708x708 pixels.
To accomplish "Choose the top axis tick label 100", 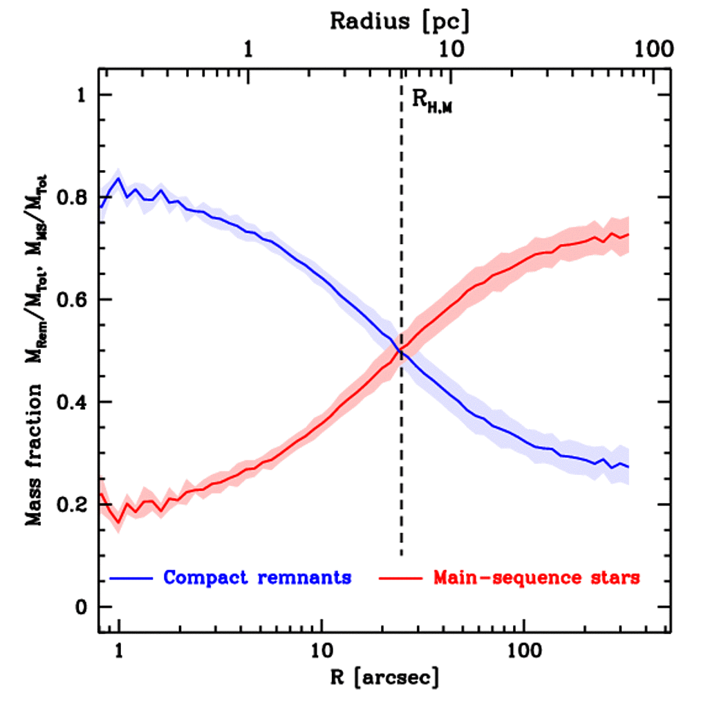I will (x=653, y=50).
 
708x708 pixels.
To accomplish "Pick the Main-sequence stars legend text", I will (x=537, y=577).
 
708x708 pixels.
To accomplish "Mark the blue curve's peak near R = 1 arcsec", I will (x=119, y=178).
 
